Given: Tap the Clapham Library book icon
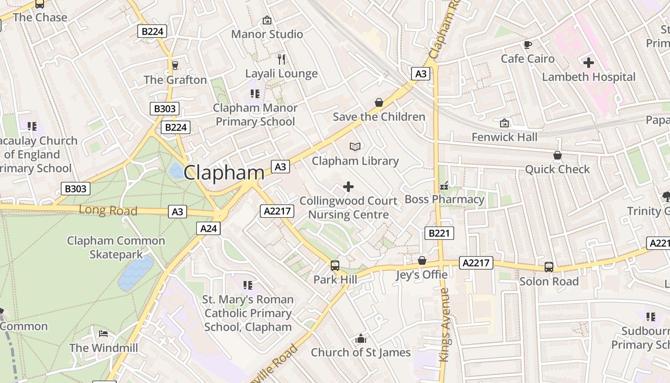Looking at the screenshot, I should [355, 146].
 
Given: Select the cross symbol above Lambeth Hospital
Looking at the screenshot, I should [589, 62].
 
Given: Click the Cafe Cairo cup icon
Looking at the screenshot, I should [527, 45].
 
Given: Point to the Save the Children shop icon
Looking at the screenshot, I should [379, 102].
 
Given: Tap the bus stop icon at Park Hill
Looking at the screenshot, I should [335, 265].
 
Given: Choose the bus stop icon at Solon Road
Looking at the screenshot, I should [549, 267].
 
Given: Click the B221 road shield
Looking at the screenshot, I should [439, 233].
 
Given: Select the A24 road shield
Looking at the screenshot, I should [208, 228].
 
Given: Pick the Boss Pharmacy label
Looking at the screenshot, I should [445, 199].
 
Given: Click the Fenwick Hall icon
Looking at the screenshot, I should [504, 123].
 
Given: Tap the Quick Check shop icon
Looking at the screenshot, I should [558, 155].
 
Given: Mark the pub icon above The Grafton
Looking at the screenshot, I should [175, 65].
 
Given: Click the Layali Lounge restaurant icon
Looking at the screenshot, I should [281, 59].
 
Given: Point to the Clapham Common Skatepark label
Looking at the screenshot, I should [116, 248].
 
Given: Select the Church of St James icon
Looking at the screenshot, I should [361, 339].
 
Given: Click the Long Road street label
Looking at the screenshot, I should [108, 210].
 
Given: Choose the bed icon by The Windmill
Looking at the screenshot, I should [103, 334].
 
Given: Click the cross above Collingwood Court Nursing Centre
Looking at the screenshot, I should [348, 186].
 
